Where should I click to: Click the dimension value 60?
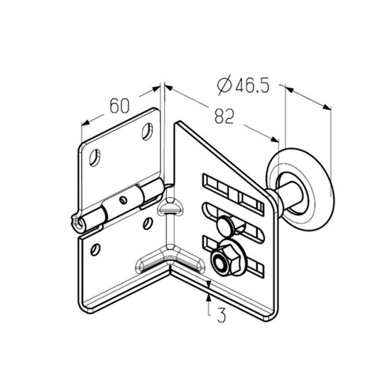[120, 105]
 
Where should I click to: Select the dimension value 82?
[224, 116]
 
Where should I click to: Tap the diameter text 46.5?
[252, 85]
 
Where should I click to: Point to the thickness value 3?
[221, 315]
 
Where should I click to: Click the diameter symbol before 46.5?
[224, 85]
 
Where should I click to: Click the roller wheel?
[300, 189]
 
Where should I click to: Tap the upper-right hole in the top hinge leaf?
[147, 131]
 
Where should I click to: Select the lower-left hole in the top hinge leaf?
[95, 157]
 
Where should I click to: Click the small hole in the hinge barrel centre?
[123, 200]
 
